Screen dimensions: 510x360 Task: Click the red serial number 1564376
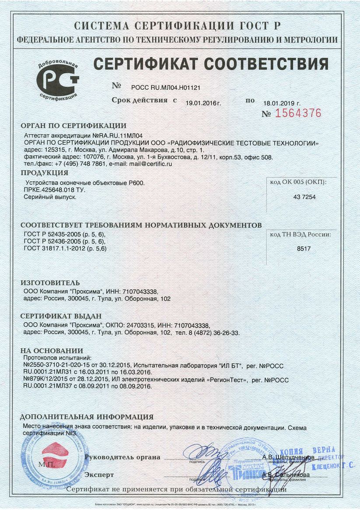(297, 113)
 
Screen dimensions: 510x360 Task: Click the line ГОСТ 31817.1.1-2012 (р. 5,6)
(65, 248)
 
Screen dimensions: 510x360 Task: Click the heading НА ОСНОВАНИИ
(52, 351)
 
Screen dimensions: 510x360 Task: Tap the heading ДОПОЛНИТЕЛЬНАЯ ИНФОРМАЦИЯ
(87, 417)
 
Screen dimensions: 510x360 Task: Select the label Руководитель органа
(122, 457)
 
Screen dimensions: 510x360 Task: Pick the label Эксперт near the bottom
(99, 475)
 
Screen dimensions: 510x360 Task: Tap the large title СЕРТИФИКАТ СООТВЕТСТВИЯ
(210, 64)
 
